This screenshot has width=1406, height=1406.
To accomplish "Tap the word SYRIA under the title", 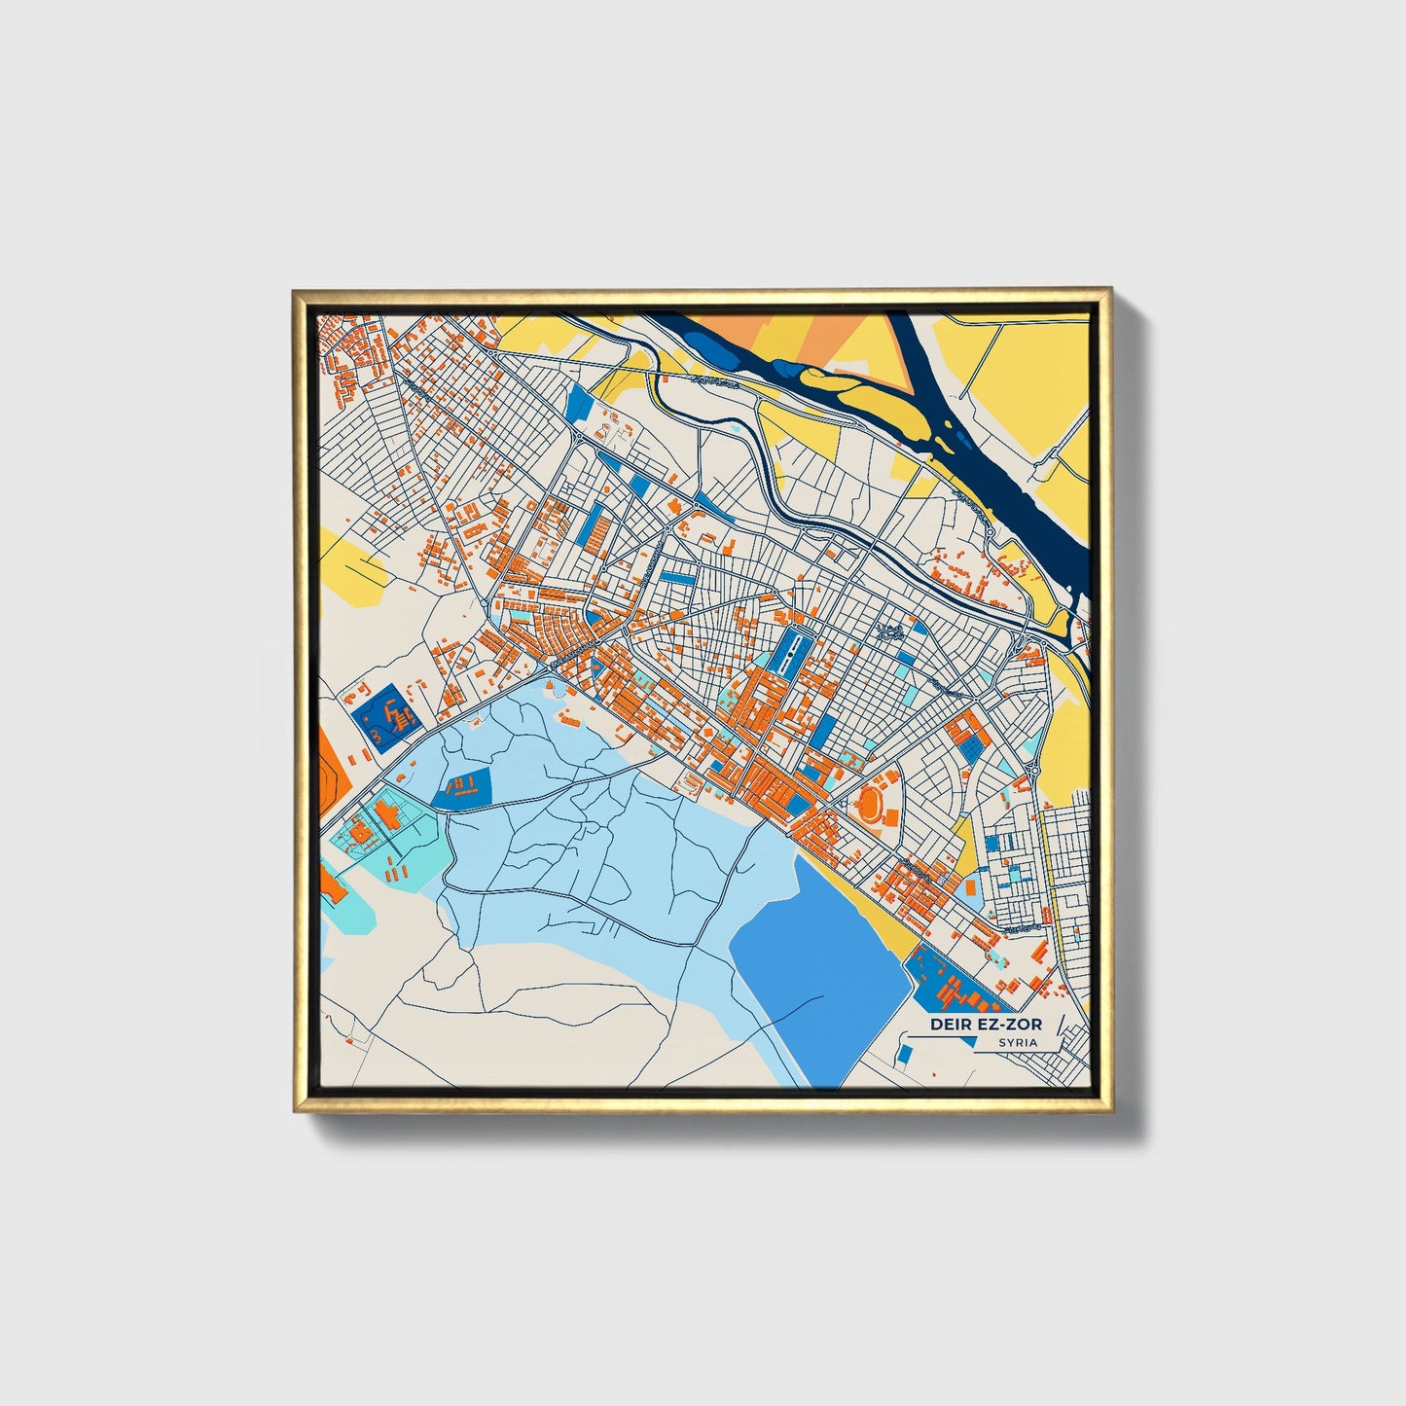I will pyautogui.click(x=1017, y=1042).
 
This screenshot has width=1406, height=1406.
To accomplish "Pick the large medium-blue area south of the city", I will pyautogui.click(x=822, y=958).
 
